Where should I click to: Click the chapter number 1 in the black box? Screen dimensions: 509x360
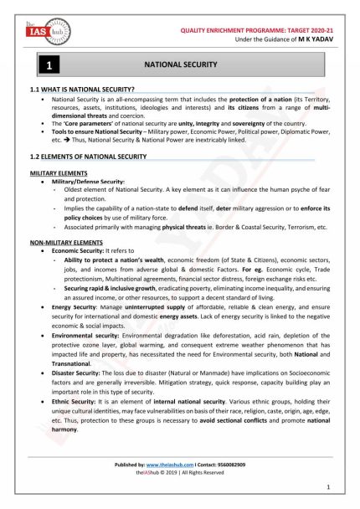click(49, 64)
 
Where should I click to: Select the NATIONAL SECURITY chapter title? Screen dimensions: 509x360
click(182, 64)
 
